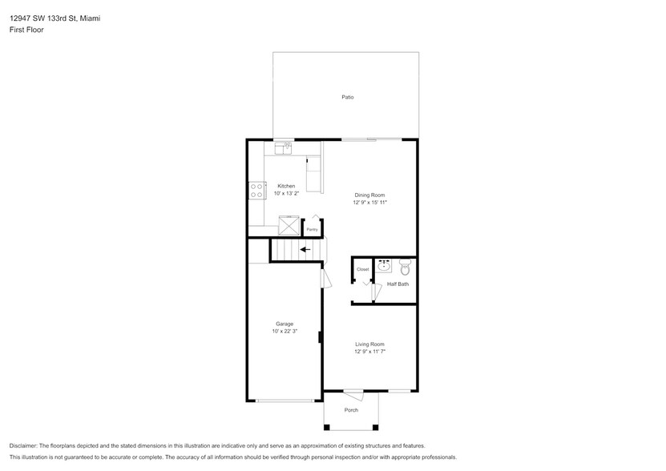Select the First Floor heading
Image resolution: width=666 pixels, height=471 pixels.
[x=27, y=30]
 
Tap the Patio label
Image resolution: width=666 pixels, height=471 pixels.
[x=347, y=97]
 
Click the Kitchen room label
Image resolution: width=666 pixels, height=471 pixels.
[x=286, y=186]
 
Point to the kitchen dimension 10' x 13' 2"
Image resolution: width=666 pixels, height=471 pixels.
[x=286, y=194]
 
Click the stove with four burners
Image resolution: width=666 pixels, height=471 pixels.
[x=257, y=191]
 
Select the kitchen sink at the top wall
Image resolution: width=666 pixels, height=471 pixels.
[x=282, y=147]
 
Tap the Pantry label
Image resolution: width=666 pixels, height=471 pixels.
[x=312, y=230]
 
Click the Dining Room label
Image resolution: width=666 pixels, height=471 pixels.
[x=370, y=195]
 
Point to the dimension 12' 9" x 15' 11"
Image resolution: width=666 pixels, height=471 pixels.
[x=370, y=203]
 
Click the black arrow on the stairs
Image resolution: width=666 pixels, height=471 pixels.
[x=305, y=249]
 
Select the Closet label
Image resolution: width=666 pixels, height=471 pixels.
[x=362, y=269]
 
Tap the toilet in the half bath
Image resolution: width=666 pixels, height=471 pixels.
[x=404, y=268]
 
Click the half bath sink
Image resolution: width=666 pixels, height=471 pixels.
[x=384, y=266]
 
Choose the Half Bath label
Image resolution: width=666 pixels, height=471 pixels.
[x=398, y=284]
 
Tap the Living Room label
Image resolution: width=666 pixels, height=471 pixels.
[x=370, y=344]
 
